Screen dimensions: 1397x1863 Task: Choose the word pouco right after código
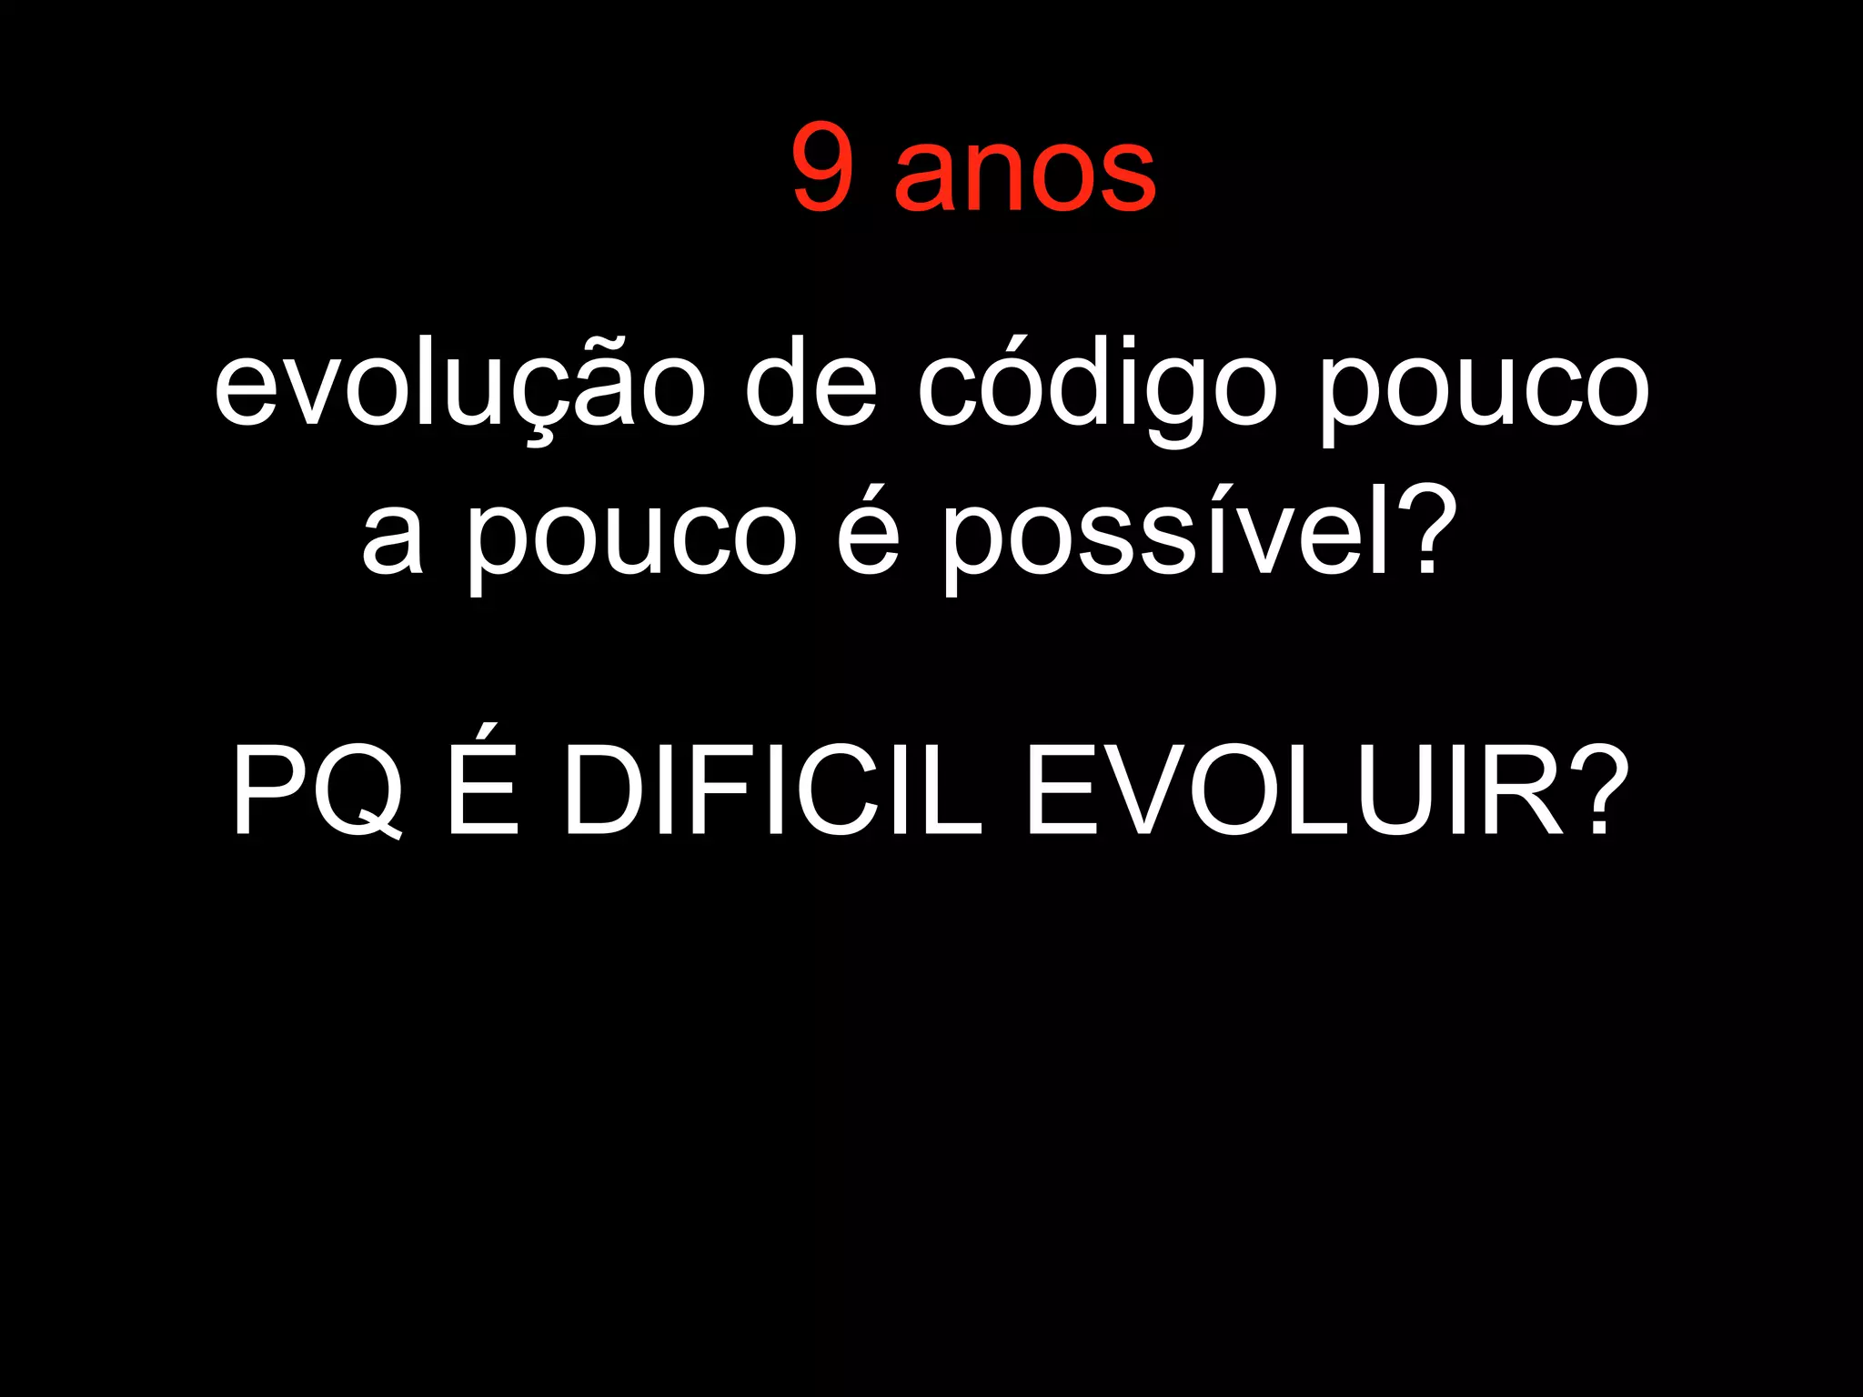point(1485,391)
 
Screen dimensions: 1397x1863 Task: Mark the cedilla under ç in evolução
point(539,438)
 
